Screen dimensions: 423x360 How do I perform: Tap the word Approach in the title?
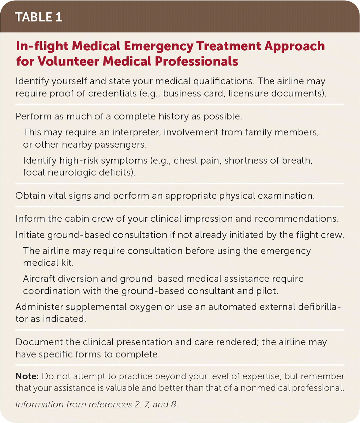pyautogui.click(x=294, y=46)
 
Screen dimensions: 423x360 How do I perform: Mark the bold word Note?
pyautogui.click(x=27, y=376)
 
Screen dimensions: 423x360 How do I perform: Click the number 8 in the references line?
pyautogui.click(x=174, y=404)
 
